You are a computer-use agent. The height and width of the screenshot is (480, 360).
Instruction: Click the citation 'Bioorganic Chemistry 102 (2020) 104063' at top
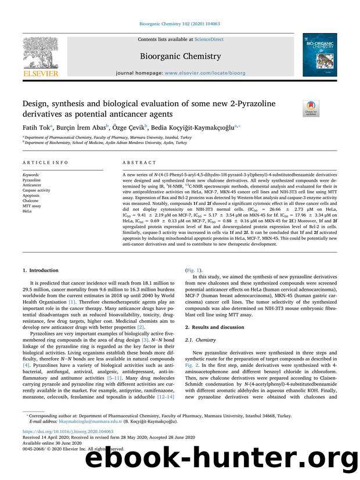tap(179, 24)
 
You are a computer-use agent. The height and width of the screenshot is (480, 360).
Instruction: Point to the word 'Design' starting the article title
tap(34, 103)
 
